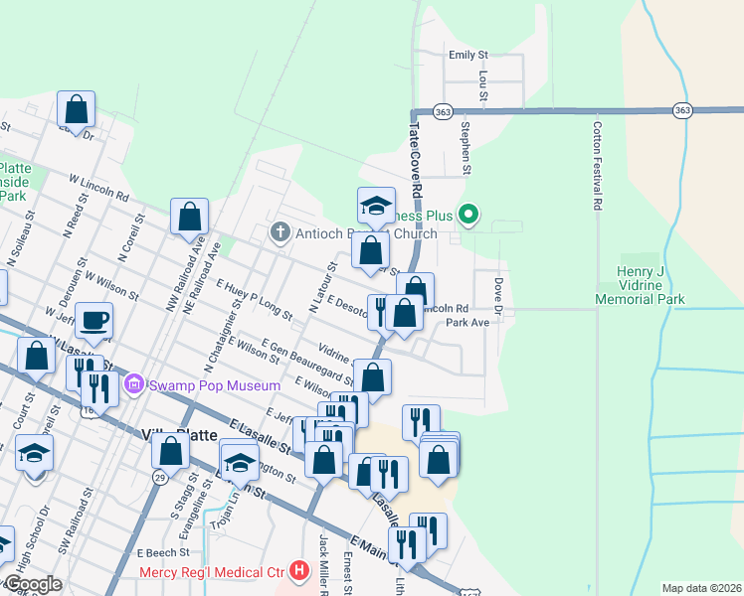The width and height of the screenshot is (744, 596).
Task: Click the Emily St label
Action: point(468,56)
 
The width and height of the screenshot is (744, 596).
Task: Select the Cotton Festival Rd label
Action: point(598,165)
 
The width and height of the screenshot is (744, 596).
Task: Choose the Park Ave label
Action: point(467,323)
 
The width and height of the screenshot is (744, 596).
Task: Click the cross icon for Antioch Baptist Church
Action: point(279,233)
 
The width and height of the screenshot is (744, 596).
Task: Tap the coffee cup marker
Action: point(94,321)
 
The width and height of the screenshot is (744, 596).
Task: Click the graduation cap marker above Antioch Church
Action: point(376,206)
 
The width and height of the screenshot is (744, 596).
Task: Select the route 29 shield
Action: point(160,479)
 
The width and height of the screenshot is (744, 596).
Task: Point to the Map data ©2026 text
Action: point(701,588)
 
